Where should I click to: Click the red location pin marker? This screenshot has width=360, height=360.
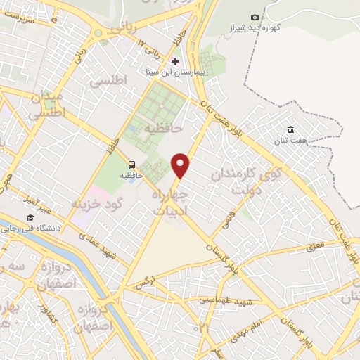tap(181, 165)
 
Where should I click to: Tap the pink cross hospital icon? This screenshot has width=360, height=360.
tap(175, 61)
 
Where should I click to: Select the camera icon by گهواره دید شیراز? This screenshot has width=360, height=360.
tap(255, 17)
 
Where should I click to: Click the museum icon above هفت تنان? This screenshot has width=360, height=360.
tap(290, 129)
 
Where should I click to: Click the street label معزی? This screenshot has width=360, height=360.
tap(314, 247)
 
